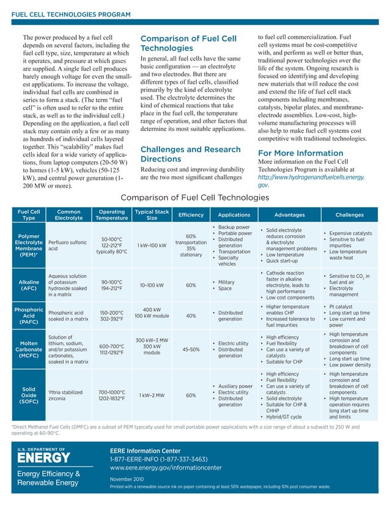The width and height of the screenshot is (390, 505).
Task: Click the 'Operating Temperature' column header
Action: point(112,215)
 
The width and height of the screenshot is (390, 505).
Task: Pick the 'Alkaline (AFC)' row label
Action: point(29,284)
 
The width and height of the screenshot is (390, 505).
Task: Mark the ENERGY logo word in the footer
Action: point(43,457)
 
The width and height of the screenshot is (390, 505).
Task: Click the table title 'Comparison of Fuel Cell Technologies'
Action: point(194,197)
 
